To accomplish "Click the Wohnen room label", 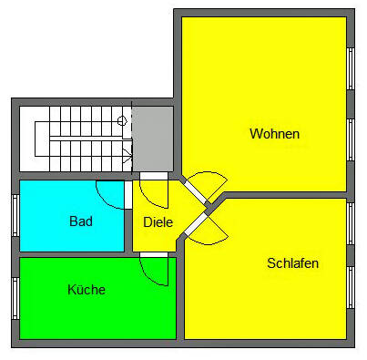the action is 274,134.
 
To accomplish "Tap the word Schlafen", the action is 292,263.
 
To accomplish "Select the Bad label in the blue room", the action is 81,221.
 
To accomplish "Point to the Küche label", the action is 87,290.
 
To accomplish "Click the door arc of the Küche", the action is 155,270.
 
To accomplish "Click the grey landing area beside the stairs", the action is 153,138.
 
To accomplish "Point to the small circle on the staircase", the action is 122,120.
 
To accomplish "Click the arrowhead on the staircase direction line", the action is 127,155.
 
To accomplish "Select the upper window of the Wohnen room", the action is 351,68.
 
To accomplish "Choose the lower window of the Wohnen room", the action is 351,139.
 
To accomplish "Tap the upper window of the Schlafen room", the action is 351,224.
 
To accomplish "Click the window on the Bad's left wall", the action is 15,215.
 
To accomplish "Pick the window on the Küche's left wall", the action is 15,298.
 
